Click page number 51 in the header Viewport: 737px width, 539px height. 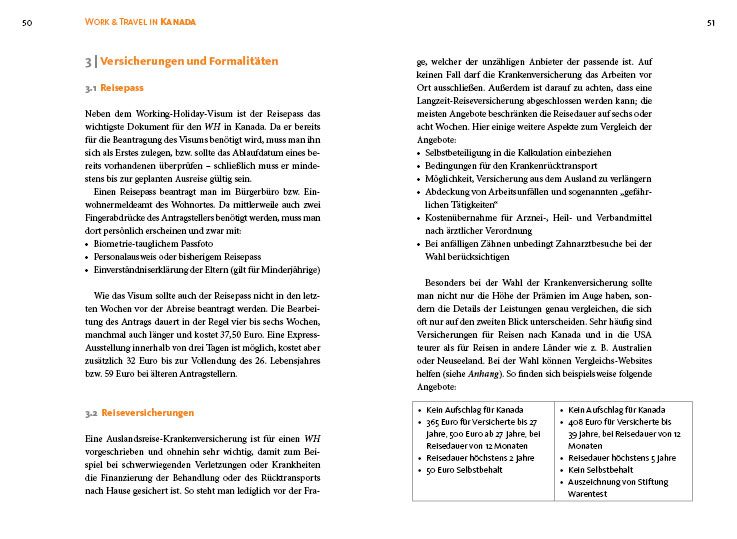click(x=711, y=21)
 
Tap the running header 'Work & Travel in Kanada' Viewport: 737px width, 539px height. click(x=140, y=21)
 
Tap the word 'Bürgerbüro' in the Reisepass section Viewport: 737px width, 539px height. click(x=232, y=190)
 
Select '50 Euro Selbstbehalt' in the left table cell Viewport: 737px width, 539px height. click(x=467, y=469)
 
